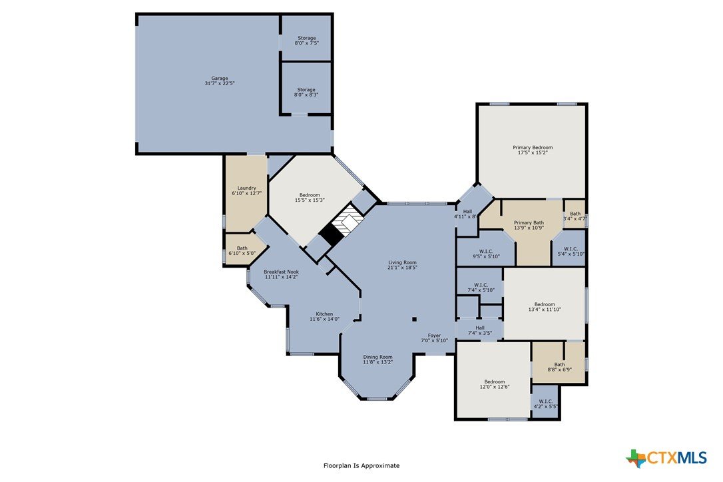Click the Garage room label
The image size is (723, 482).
220,81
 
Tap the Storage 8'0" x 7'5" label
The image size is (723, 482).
307,41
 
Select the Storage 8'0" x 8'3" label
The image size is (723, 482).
306,93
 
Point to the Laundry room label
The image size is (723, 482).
247,190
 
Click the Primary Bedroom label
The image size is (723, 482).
533,150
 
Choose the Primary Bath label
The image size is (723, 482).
529,225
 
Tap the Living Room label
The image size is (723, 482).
402,265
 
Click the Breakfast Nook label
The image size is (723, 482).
281,274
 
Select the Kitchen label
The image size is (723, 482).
324,316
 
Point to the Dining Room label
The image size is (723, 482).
377,360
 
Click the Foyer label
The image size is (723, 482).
434,338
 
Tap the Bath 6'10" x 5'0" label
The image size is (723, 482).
242,250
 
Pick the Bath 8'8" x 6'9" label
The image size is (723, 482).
559,367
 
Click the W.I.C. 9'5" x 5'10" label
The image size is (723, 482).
486,254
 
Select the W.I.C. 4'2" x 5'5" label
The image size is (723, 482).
545,403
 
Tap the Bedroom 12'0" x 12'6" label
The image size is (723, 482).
494,384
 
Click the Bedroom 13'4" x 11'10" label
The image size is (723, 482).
545,307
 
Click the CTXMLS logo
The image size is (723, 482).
666,458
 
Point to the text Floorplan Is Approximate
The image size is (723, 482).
361,466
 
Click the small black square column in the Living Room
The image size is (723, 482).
414,319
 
